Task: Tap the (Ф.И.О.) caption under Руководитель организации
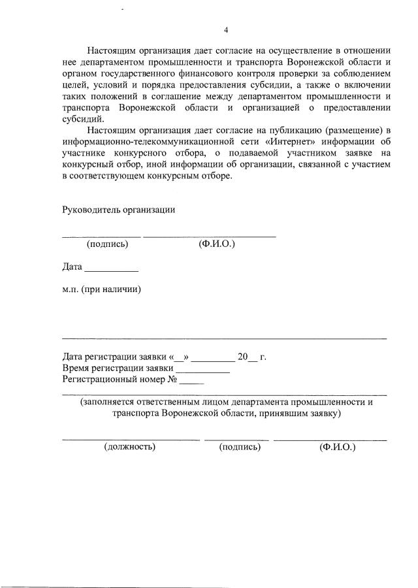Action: coord(216,244)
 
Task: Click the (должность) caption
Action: coord(129,448)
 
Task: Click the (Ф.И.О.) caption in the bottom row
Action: coord(336,448)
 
